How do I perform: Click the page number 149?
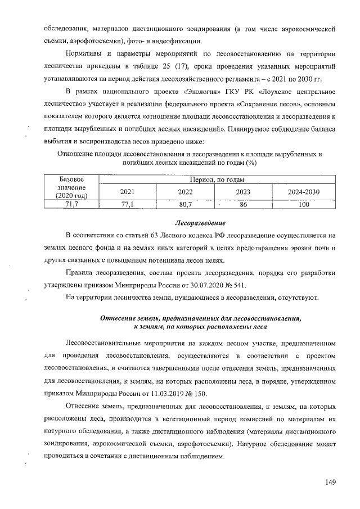(330, 482)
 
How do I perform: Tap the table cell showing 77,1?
(127, 205)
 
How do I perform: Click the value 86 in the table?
(244, 205)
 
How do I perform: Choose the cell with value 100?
(304, 205)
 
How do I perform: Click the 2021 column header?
(127, 192)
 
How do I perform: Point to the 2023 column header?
(244, 192)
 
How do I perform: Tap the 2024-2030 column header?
(304, 192)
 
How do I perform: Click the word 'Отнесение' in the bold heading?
(119, 317)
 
